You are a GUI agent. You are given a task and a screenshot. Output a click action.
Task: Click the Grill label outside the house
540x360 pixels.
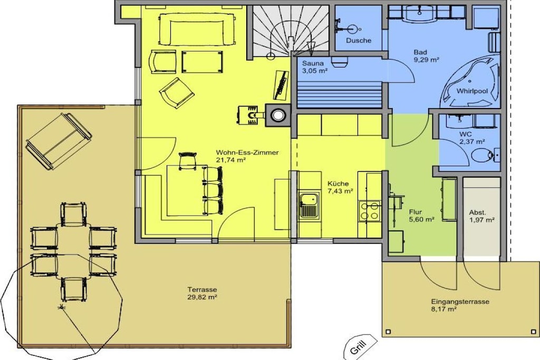[x=359, y=346]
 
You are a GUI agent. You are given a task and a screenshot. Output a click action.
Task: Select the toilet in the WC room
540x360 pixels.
[x=484, y=155]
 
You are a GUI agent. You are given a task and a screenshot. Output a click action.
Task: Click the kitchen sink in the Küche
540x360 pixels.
[x=309, y=206]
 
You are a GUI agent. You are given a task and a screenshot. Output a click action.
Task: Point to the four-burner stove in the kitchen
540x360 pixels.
[x=370, y=211]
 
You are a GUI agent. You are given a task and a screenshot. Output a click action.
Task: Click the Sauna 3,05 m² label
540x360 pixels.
[x=314, y=67]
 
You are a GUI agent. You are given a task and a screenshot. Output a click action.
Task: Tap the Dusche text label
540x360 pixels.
[x=359, y=40]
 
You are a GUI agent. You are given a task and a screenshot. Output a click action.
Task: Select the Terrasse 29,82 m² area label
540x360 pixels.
[x=202, y=293]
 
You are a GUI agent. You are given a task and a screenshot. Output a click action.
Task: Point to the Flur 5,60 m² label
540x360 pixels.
[x=421, y=216]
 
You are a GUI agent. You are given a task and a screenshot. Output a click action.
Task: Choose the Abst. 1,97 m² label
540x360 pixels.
[x=481, y=216]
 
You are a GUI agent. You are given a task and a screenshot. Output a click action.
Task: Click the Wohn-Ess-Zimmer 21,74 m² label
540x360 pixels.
[x=247, y=156]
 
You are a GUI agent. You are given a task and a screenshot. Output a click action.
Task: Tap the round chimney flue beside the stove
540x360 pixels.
[x=277, y=115]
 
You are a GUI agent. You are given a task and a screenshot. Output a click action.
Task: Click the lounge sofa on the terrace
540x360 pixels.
[x=59, y=141]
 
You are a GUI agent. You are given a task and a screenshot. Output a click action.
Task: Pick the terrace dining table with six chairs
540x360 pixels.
[x=74, y=251]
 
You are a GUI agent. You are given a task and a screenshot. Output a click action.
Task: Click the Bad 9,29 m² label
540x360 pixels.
[x=426, y=56]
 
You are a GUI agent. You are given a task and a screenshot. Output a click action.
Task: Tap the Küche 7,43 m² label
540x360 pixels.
[x=340, y=187]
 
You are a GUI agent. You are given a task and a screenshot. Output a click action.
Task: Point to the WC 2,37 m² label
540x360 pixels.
[x=472, y=138]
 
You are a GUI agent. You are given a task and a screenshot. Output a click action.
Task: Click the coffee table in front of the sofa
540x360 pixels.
[x=202, y=62]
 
